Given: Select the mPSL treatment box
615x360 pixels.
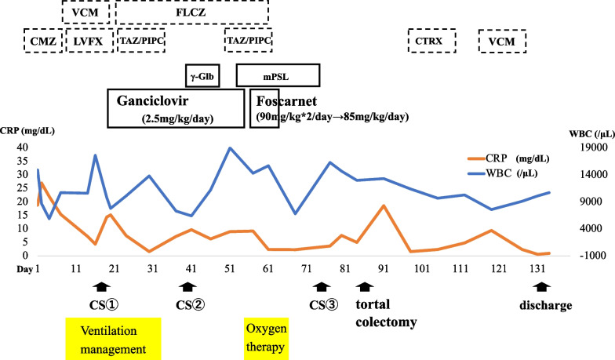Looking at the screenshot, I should [x=278, y=75].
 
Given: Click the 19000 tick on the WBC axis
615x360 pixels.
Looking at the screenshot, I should [x=584, y=147].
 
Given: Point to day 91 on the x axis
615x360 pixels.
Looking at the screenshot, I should [x=384, y=268].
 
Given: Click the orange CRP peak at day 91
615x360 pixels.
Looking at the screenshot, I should [x=384, y=205].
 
